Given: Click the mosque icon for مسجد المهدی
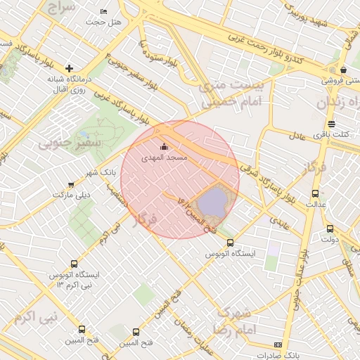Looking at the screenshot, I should (165, 147).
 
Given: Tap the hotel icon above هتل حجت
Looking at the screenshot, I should (104, 11).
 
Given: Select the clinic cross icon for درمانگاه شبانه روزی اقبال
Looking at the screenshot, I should (69, 68).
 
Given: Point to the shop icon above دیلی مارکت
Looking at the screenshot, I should (71, 185).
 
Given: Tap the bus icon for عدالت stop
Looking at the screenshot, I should (314, 193).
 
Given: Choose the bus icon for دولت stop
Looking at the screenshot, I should (330, 229).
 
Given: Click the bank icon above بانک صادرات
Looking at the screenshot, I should (278, 345).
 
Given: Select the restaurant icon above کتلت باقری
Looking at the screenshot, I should (331, 124).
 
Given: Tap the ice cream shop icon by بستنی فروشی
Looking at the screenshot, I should (342, 70).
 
